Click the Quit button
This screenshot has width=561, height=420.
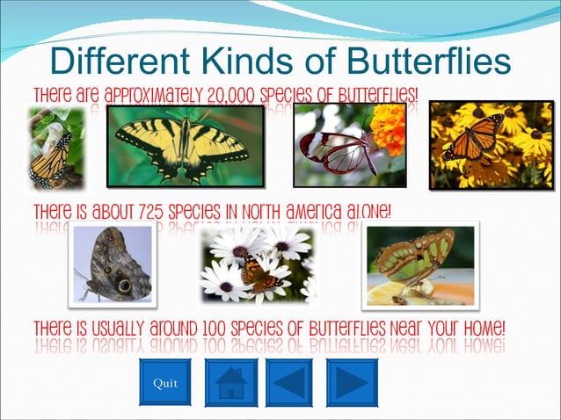tap(164, 382)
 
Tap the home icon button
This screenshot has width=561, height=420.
tap(230, 382)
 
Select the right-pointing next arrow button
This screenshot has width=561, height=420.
tap(352, 382)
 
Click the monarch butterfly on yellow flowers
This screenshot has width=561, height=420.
tap(475, 136)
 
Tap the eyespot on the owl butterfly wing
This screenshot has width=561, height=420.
tap(125, 286)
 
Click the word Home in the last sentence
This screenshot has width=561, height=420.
tap(478, 329)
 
